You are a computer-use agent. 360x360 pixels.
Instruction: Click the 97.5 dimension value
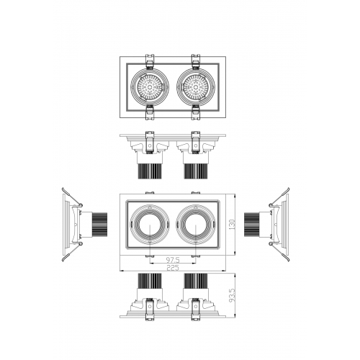(x=173, y=260)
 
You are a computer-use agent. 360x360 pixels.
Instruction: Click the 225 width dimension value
(x=173, y=268)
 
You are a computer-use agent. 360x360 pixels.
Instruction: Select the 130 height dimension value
(x=232, y=225)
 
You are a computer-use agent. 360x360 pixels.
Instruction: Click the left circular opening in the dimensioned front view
(x=150, y=225)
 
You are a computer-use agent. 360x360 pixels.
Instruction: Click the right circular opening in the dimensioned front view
(x=196, y=225)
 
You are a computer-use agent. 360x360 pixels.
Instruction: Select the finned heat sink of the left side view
(x=99, y=225)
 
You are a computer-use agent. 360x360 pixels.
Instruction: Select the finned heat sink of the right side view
(x=252, y=225)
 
